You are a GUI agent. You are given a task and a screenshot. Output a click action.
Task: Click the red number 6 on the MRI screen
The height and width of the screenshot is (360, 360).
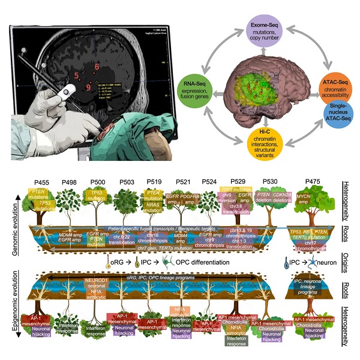click(x=96, y=67)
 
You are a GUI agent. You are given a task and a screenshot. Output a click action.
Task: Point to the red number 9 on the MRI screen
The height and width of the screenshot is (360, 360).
click(x=88, y=88)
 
